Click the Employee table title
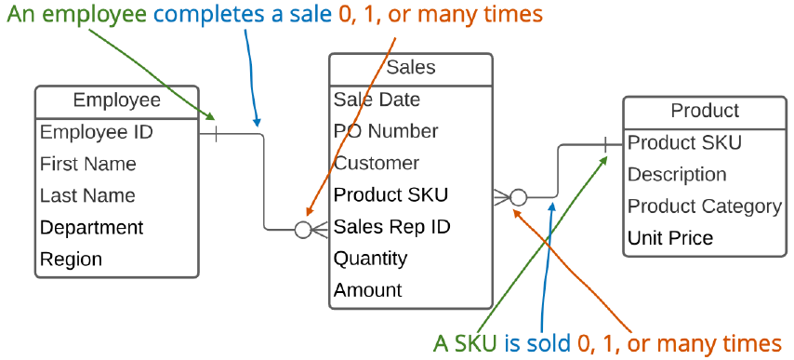(116, 100)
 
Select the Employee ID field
(96, 132)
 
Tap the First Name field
(87, 164)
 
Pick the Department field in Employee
(91, 227)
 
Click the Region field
(71, 259)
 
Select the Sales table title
(410, 68)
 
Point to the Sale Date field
(377, 100)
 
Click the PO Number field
(385, 131)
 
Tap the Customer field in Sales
(376, 163)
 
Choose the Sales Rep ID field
(391, 226)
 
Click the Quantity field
(370, 258)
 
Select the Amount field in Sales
(367, 289)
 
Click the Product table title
(704, 111)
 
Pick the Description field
(676, 174)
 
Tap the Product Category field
(704, 206)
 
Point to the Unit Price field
(669, 237)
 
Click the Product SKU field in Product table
(684, 142)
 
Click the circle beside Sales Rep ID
(302, 229)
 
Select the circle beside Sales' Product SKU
(519, 197)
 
